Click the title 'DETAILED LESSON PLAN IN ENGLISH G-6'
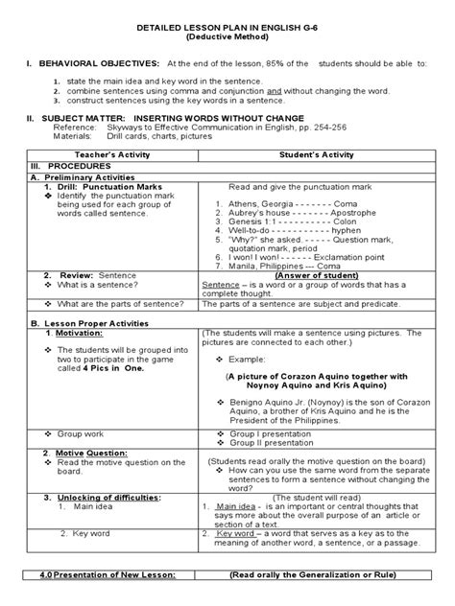[227, 34]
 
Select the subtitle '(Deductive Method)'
[227, 44]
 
